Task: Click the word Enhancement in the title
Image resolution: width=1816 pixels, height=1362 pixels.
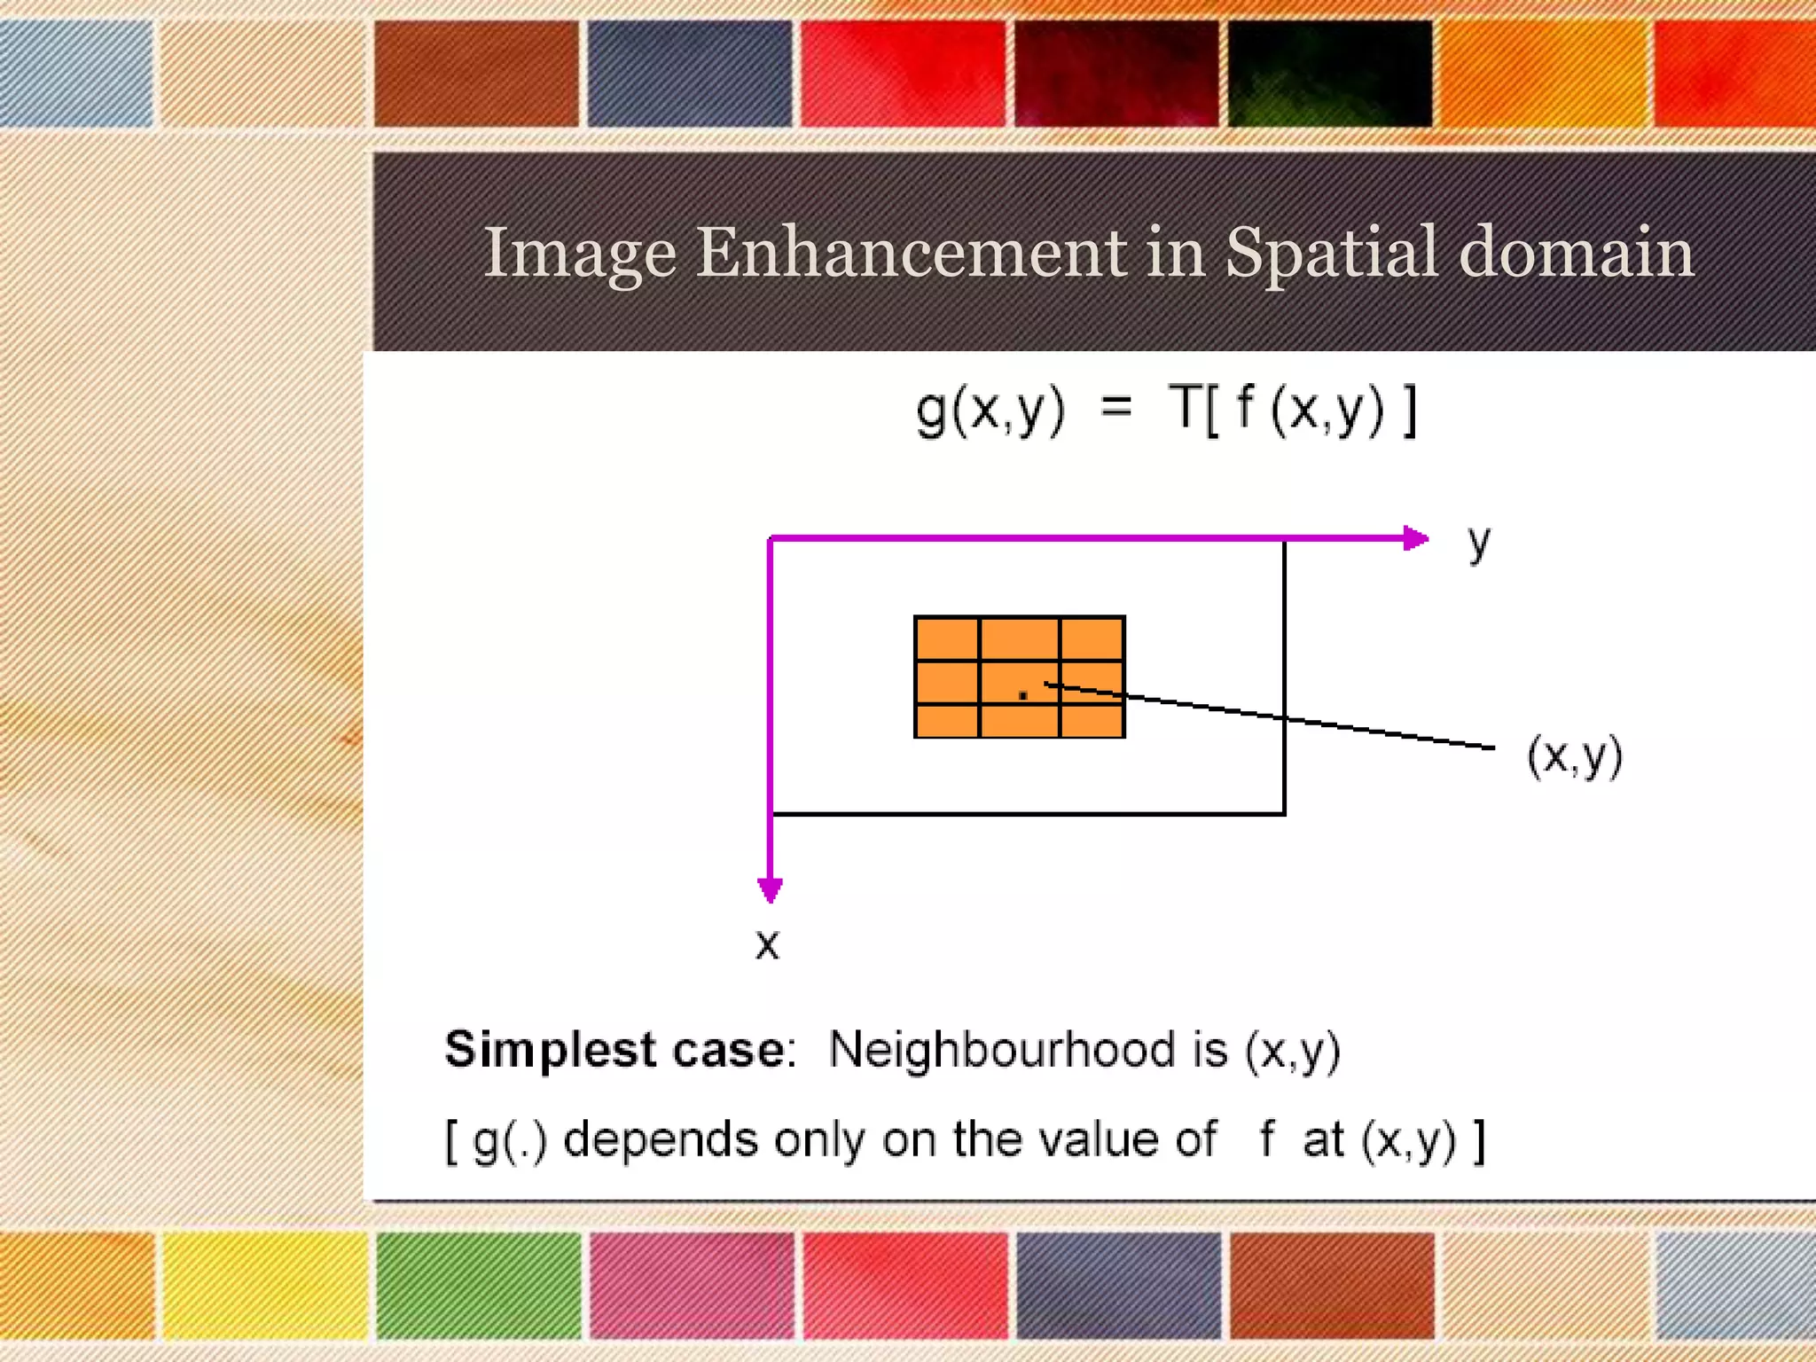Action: tap(911, 253)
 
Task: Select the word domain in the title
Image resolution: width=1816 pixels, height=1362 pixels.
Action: tap(1576, 253)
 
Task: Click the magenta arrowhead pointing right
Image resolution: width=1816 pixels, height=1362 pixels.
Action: tap(1415, 538)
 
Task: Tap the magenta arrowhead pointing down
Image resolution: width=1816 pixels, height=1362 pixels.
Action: tap(770, 889)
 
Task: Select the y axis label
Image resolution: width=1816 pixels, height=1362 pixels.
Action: tap(1478, 543)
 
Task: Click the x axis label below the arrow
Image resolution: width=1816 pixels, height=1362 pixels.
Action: tap(767, 945)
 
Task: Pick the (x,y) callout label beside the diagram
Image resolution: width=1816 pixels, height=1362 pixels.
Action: tap(1575, 756)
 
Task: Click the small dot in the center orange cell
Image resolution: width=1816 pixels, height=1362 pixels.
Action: tap(1022, 695)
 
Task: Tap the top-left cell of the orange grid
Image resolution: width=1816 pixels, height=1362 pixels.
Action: tap(947, 638)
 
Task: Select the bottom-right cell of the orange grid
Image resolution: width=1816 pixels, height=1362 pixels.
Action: tap(1092, 720)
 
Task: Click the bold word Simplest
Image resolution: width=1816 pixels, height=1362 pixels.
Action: tap(549, 1051)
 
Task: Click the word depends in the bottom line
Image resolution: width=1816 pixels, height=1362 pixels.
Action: tap(660, 1140)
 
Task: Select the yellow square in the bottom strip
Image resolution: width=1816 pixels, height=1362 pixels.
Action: tap(264, 1284)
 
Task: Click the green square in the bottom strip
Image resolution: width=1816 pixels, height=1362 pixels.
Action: tap(479, 1284)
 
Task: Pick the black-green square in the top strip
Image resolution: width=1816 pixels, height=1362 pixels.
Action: tap(1328, 74)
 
